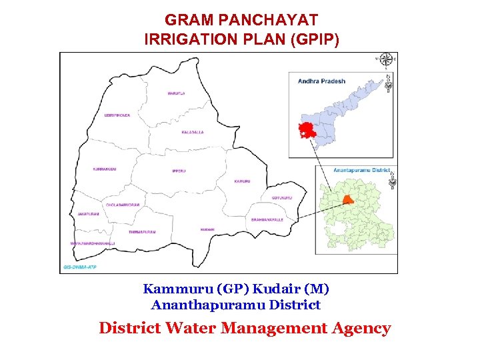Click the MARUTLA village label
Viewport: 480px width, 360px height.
(x=176, y=93)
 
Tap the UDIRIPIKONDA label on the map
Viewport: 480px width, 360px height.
(x=117, y=115)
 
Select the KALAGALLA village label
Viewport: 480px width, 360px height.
(x=193, y=133)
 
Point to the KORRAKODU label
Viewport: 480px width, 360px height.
(x=105, y=169)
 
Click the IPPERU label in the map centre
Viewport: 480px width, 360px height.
(x=179, y=171)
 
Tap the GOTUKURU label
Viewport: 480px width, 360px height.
(x=282, y=197)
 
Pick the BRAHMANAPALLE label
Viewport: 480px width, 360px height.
(x=267, y=219)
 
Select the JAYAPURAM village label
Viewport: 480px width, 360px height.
(x=88, y=214)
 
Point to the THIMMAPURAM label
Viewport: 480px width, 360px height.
(x=142, y=231)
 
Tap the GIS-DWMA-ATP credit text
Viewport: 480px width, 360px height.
(x=79, y=267)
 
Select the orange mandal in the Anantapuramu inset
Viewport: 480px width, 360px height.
(x=347, y=199)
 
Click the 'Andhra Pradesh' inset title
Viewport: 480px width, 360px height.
(x=322, y=81)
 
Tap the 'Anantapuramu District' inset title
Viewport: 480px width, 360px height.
(x=361, y=171)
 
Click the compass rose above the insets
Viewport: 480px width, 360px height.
(x=385, y=59)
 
